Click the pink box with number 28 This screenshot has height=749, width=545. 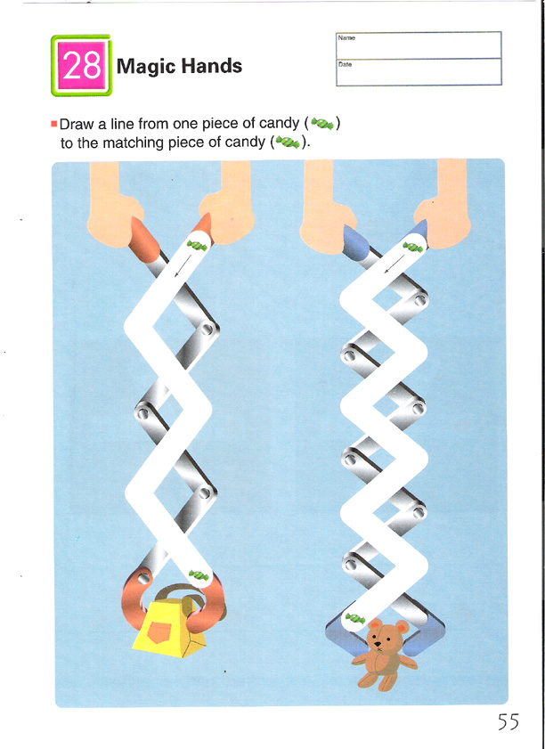81,65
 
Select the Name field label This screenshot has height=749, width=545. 346,37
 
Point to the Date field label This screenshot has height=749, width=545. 345,64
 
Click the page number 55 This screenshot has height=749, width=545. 508,721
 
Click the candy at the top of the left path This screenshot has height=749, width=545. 198,246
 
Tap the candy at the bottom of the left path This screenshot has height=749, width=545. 199,575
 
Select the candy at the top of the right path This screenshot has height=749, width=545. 412,247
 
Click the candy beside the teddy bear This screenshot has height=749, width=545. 355,619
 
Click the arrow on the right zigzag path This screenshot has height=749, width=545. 395,265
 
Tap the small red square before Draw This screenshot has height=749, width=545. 53,125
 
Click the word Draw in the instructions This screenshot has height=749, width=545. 77,125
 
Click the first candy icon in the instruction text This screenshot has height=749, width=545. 323,124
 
